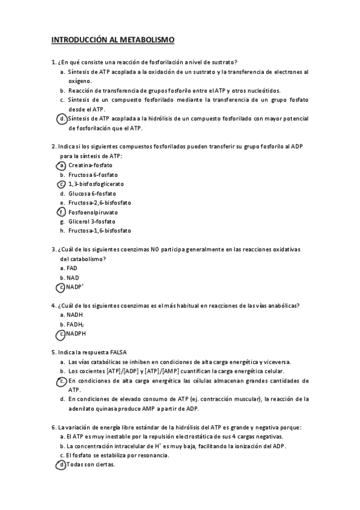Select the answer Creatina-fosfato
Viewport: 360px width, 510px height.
(x=90, y=165)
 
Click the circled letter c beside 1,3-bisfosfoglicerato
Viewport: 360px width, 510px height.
(x=61, y=184)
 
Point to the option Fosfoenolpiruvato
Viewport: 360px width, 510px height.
(x=93, y=212)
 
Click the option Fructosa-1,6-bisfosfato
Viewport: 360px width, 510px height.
(x=100, y=231)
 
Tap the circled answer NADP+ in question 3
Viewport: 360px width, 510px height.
(x=75, y=287)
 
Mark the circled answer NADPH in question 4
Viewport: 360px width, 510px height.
(x=78, y=333)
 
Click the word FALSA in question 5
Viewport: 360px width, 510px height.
(x=117, y=352)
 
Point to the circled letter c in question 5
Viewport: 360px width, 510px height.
(x=61, y=381)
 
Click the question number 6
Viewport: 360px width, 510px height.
(x=54, y=427)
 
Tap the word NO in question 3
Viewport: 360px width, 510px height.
(x=155, y=250)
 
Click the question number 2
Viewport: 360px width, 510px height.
(x=54, y=146)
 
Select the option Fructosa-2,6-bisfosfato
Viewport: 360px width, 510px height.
(x=100, y=203)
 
